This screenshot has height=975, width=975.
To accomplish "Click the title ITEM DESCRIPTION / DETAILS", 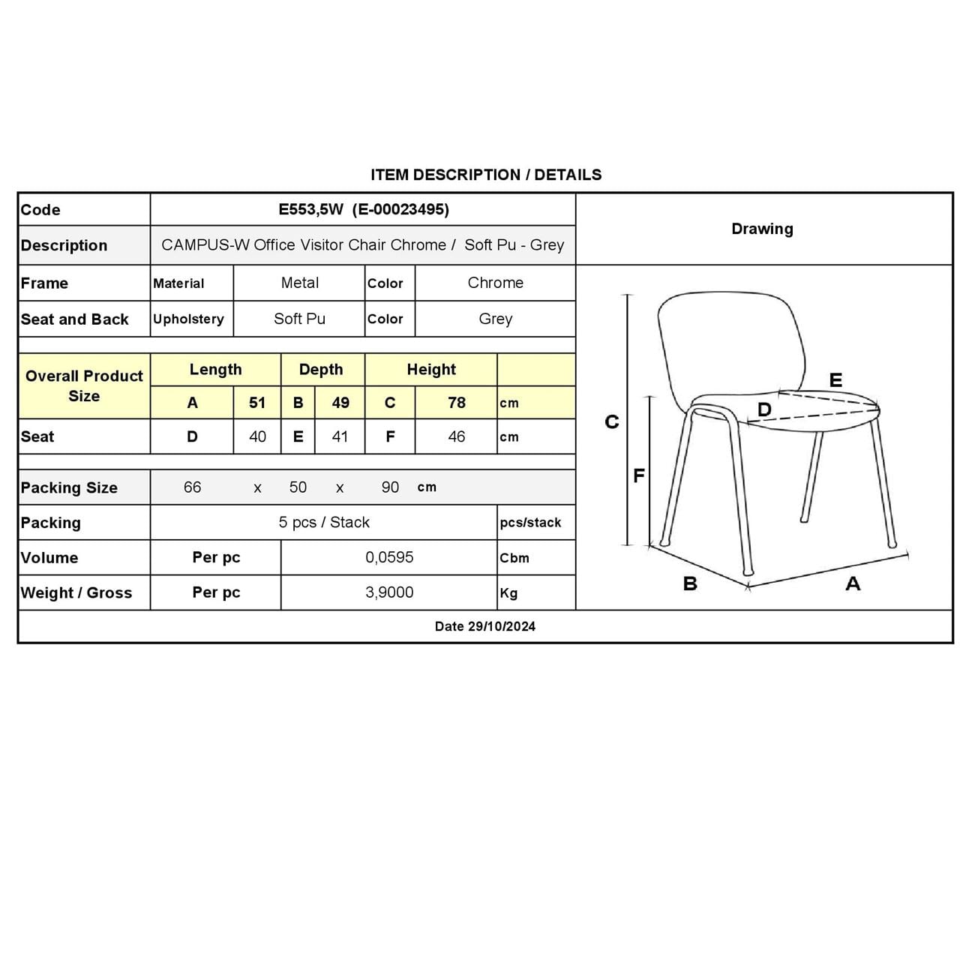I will click(x=486, y=175).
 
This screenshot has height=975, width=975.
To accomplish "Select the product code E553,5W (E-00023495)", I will click(x=364, y=209).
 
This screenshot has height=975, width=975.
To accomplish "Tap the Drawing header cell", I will click(x=762, y=229).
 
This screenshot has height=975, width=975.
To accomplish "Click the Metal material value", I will click(x=299, y=283).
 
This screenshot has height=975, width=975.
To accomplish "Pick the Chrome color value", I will click(x=495, y=283).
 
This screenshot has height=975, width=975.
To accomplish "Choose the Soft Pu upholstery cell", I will click(x=299, y=319).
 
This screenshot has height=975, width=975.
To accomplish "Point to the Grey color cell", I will click(x=495, y=319).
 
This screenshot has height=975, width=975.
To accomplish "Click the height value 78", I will click(x=456, y=403).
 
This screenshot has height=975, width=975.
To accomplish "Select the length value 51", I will click(x=257, y=403).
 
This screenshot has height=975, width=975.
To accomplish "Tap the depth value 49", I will click(x=340, y=403).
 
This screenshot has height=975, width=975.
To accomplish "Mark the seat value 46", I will click(x=456, y=436).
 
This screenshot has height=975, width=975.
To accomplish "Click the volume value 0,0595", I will click(x=389, y=557).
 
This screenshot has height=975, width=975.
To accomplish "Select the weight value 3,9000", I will click(x=389, y=592).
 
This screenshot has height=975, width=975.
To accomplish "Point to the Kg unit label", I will click(x=508, y=593).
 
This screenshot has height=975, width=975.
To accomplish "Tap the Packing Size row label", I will click(x=69, y=487).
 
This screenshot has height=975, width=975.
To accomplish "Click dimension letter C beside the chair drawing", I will click(x=612, y=422).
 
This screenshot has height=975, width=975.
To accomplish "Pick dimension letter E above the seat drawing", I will click(x=835, y=380).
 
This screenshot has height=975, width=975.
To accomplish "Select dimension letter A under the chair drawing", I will click(x=853, y=583).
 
